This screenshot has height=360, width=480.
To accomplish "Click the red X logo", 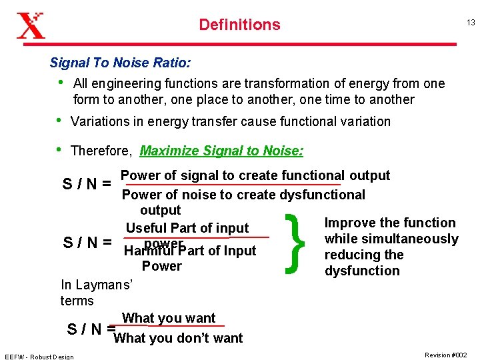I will tap(31, 25).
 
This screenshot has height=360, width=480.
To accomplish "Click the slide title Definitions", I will tap(239, 25).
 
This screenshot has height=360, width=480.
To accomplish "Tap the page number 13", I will tap(471, 23).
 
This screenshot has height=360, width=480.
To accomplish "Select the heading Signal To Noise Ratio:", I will tap(120, 63).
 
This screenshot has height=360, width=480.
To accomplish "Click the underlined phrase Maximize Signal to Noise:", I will tap(221, 151).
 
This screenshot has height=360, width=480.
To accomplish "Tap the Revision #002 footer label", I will tap(446, 355).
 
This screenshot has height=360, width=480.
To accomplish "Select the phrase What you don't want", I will tap(179, 338).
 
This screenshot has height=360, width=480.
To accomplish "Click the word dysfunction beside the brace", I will tap(362, 271).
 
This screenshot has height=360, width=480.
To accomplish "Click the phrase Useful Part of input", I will tap(187, 228).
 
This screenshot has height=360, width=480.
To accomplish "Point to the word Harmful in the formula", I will tap(147, 251).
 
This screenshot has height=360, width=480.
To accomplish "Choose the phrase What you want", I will tap(169, 318).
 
